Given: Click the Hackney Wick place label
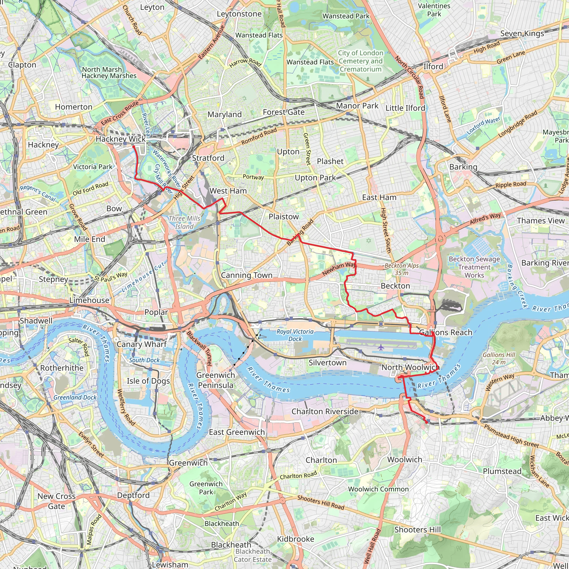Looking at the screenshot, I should (121, 139).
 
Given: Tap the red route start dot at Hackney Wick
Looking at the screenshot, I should (133, 146).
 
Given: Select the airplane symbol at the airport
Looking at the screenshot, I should (381, 347).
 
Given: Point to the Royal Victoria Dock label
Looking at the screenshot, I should (295, 335).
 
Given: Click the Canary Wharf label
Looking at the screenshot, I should (141, 344).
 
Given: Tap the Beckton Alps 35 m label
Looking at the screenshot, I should (401, 269).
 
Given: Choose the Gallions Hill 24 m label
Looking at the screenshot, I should (499, 358).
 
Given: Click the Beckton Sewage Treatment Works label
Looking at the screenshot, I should (474, 267).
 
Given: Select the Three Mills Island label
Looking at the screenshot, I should (184, 222).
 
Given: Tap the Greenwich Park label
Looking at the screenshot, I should (206, 488).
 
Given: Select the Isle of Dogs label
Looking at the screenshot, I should (148, 381).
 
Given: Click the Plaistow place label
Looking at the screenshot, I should (283, 216).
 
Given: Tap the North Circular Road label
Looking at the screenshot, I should (410, 77).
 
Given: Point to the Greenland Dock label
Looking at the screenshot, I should (75, 397).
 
